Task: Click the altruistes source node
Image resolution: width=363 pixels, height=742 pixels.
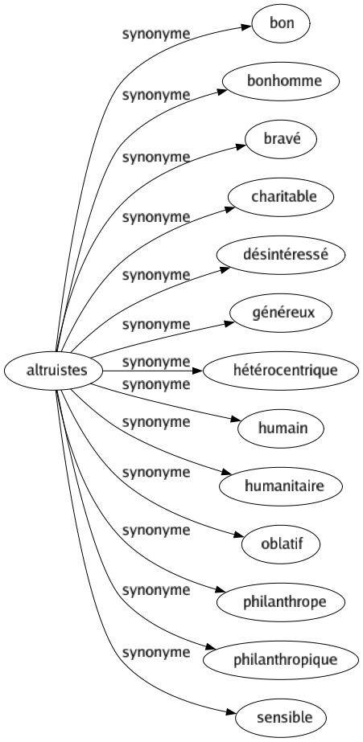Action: tap(52, 371)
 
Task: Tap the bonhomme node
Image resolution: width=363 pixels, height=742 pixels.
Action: tap(280, 81)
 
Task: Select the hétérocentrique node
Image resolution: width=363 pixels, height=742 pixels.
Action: tap(280, 371)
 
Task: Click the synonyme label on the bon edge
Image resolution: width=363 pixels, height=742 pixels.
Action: tap(156, 35)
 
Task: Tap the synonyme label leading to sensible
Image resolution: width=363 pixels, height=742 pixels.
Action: tap(156, 650)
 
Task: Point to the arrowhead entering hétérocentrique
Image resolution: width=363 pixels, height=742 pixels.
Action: tap(201, 371)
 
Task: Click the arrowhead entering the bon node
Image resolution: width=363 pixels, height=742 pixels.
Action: tap(247, 26)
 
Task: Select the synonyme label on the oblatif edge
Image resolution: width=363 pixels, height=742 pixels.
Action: tap(156, 530)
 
